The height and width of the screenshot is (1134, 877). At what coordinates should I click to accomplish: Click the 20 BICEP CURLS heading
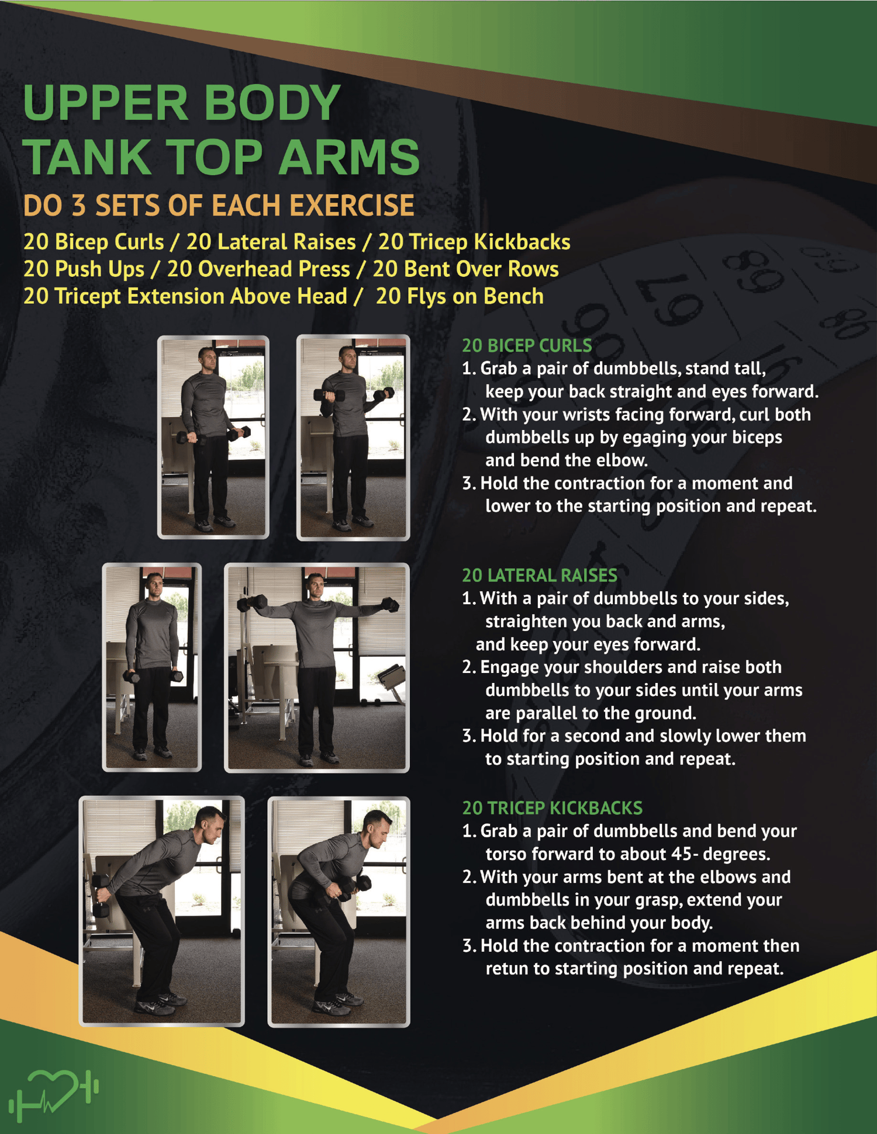coord(527,345)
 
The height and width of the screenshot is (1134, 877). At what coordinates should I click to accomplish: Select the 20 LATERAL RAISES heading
coord(539,575)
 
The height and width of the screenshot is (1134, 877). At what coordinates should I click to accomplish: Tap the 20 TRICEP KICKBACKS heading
coord(552,808)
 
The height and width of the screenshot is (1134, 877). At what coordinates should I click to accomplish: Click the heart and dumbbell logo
coord(53,1094)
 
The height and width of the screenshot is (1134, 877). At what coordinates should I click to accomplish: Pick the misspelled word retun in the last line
coord(506,969)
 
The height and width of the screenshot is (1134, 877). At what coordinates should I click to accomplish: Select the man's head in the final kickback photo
coord(377,828)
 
